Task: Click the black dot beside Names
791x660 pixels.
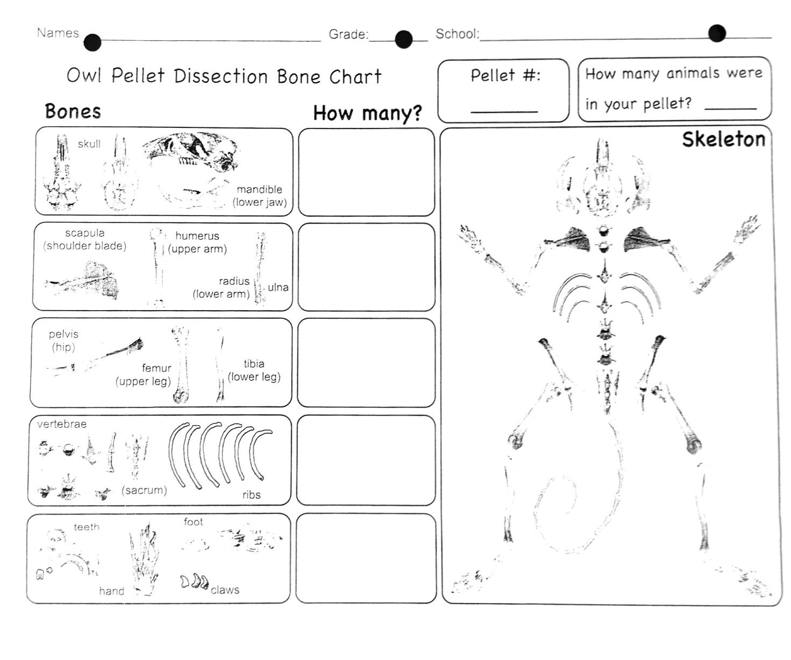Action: pyautogui.click(x=92, y=42)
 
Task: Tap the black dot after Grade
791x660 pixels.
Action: pyautogui.click(x=403, y=39)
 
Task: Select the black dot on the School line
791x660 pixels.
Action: pyautogui.click(x=717, y=33)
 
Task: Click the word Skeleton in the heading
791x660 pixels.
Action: pyautogui.click(x=723, y=139)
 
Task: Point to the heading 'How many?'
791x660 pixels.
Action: pyautogui.click(x=367, y=113)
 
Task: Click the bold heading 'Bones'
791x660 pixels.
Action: pyautogui.click(x=73, y=111)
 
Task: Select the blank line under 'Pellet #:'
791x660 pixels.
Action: pyautogui.click(x=504, y=111)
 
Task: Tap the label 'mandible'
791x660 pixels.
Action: pyautogui.click(x=259, y=189)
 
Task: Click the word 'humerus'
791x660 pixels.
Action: pyautogui.click(x=197, y=236)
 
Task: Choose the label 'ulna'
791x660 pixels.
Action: pyautogui.click(x=278, y=288)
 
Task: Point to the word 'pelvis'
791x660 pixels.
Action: pyautogui.click(x=63, y=334)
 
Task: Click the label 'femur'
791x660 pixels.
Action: pyautogui.click(x=156, y=368)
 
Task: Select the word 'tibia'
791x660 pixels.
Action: pyautogui.click(x=254, y=364)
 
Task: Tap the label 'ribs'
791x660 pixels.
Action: pyautogui.click(x=251, y=495)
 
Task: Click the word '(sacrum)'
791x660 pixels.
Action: pyautogui.click(x=144, y=490)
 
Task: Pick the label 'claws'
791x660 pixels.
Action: pyautogui.click(x=225, y=590)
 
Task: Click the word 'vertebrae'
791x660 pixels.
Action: pyautogui.click(x=62, y=424)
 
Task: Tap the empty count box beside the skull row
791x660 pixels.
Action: pyautogui.click(x=366, y=172)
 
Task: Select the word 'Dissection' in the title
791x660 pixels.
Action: pyautogui.click(x=220, y=76)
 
